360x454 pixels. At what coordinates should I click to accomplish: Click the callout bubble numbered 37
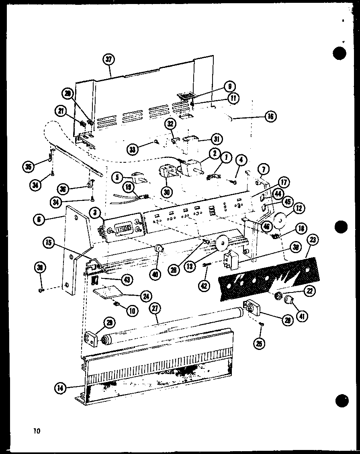(x=108, y=59)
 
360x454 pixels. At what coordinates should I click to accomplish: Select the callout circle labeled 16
(x=270, y=117)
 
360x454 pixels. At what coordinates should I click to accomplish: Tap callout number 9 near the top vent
(x=230, y=86)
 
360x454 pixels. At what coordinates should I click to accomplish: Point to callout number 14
(x=60, y=388)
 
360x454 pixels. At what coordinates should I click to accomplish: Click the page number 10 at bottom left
(x=37, y=432)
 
